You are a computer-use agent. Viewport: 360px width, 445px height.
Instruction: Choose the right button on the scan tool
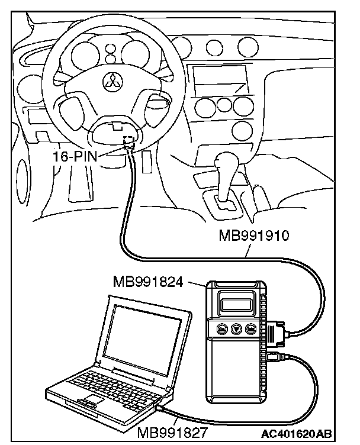coord(251,330)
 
